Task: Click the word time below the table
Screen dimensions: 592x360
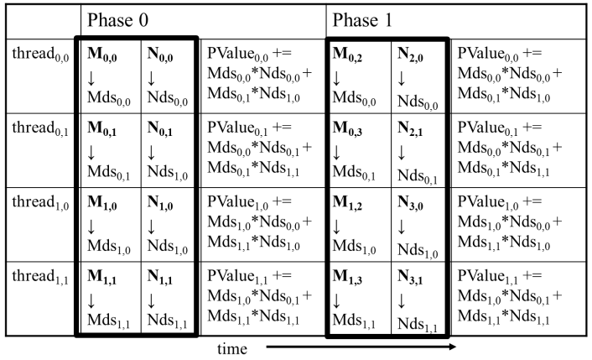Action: point(231,346)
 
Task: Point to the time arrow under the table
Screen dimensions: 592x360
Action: point(361,346)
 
